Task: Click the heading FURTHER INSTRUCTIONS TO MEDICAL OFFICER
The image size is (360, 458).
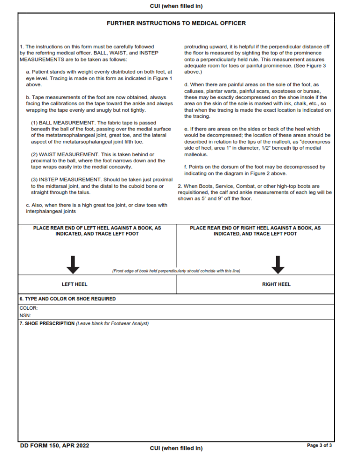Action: [176, 23]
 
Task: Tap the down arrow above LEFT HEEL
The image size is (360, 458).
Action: [73, 265]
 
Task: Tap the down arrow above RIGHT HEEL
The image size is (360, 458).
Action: [278, 265]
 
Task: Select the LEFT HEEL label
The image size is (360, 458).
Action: [75, 284]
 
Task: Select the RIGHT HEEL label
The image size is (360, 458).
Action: [276, 284]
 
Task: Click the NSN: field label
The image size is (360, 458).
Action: [25, 316]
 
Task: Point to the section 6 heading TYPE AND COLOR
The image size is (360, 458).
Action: [67, 299]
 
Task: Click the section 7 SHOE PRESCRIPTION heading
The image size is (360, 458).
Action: [47, 324]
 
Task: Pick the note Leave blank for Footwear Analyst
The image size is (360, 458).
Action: [112, 324]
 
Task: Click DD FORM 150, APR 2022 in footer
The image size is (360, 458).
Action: [54, 445]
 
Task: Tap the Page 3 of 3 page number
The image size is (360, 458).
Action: [319, 445]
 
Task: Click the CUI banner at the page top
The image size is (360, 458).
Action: [176, 6]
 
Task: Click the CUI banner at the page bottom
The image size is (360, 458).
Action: [176, 448]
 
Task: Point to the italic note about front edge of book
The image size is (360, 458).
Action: [176, 271]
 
